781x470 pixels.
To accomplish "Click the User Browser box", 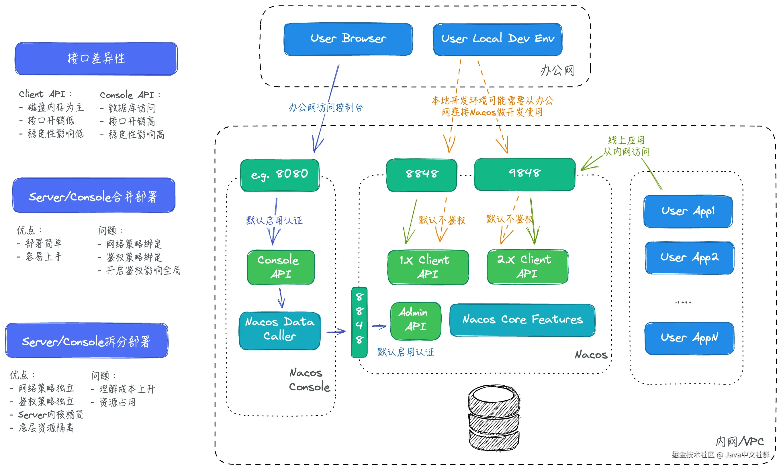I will tap(348, 39).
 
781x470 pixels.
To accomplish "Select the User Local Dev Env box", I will tap(498, 39).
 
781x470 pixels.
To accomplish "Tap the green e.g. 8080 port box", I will tap(280, 175).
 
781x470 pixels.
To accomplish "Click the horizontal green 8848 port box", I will tap(422, 175).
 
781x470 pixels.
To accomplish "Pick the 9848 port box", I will tap(525, 174).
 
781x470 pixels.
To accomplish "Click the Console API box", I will tap(281, 267).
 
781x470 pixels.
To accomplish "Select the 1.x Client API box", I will tap(428, 267).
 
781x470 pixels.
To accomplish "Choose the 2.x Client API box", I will tap(528, 267).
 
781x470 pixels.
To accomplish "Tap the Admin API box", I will tap(416, 321).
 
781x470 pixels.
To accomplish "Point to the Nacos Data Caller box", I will tap(280, 330).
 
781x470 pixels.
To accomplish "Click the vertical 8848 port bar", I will tap(359, 322).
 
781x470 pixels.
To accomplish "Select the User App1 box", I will tap(688, 211).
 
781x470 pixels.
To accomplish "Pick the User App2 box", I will tap(689, 258).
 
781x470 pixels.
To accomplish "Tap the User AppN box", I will tap(689, 338).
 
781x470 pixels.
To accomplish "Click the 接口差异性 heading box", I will tap(96, 58).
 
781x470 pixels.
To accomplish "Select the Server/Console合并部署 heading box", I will tap(94, 195).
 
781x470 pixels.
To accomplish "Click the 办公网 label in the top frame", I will tap(557, 70).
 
